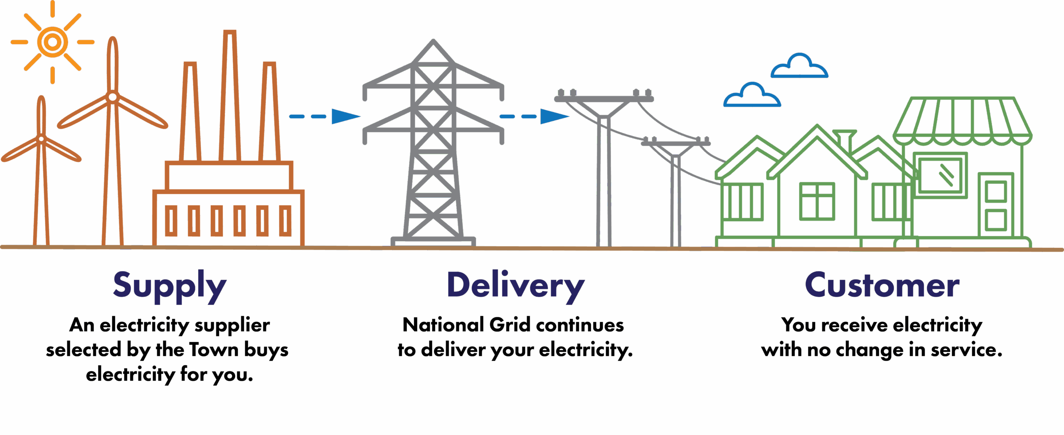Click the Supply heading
click(170, 286)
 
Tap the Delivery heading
click(515, 286)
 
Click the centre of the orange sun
click(52, 42)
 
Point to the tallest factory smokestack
click(230, 96)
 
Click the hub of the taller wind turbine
click(112, 97)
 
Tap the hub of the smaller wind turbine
click(41, 139)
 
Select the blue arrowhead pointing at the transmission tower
click(345, 116)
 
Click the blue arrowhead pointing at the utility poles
click(554, 116)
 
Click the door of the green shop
click(996, 206)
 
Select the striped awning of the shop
click(962, 121)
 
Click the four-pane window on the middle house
click(817, 201)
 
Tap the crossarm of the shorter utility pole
click(675, 143)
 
